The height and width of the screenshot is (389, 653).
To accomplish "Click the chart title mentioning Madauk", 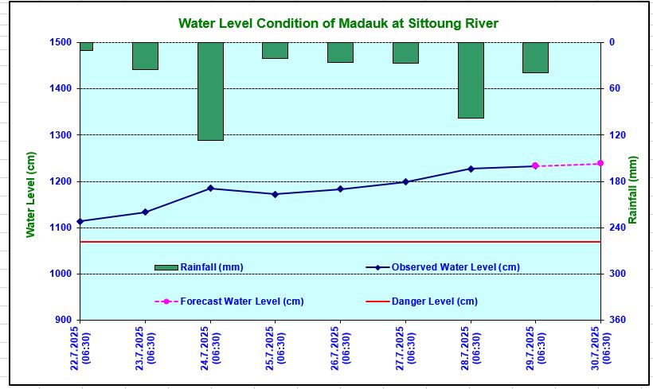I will tap(338, 24).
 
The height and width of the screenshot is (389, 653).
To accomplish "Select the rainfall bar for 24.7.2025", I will tap(210, 91).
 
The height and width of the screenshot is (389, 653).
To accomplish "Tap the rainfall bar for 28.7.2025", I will tap(471, 80).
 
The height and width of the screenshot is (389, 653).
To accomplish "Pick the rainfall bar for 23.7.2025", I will tap(145, 56).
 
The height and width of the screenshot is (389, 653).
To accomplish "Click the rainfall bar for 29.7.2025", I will tap(535, 57).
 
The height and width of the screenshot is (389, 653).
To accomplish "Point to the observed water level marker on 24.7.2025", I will tap(210, 189).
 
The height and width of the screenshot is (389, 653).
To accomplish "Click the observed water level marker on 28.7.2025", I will tap(471, 169).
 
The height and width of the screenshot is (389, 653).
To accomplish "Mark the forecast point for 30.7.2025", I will tap(600, 163).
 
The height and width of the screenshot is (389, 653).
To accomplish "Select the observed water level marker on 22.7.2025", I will tap(80, 221).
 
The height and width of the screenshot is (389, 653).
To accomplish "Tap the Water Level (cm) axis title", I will tap(30, 195).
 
